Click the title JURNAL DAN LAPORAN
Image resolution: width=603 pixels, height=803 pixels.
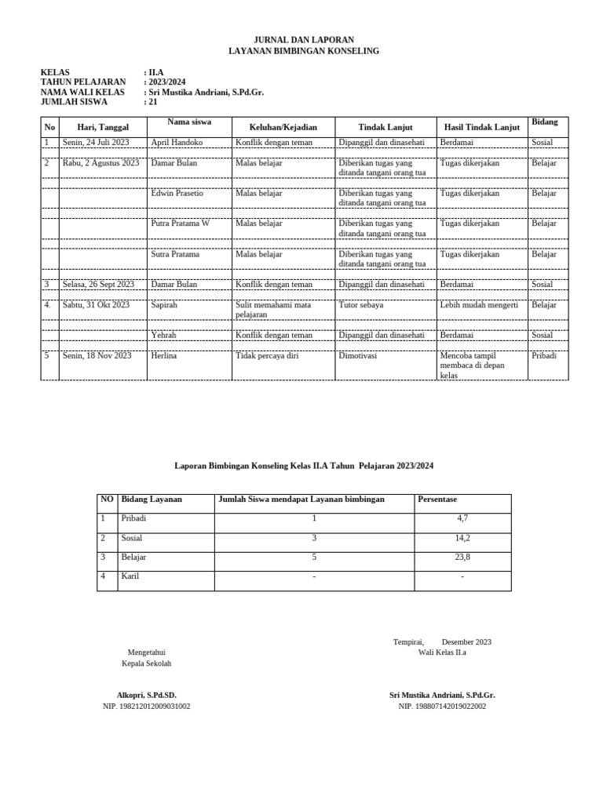[302, 39]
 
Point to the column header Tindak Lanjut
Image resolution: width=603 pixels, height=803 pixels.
[385, 127]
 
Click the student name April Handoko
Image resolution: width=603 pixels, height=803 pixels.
[177, 143]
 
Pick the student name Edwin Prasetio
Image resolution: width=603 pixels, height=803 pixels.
[178, 193]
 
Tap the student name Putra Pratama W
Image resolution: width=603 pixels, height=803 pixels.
[180, 223]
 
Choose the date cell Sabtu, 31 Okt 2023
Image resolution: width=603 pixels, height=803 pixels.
[96, 305]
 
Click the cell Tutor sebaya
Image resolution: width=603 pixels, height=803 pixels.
[361, 305]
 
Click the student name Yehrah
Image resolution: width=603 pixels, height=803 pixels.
[163, 335]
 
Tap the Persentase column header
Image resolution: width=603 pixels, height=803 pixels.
[437, 499]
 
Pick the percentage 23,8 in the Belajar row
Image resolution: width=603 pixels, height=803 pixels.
[462, 558]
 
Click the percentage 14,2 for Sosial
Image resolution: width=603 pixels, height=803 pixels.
[462, 538]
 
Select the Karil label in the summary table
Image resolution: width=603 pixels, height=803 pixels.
[130, 576]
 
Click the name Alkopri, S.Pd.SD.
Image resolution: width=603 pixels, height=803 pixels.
[147, 696]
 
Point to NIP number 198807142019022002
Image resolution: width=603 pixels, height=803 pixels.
[442, 707]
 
